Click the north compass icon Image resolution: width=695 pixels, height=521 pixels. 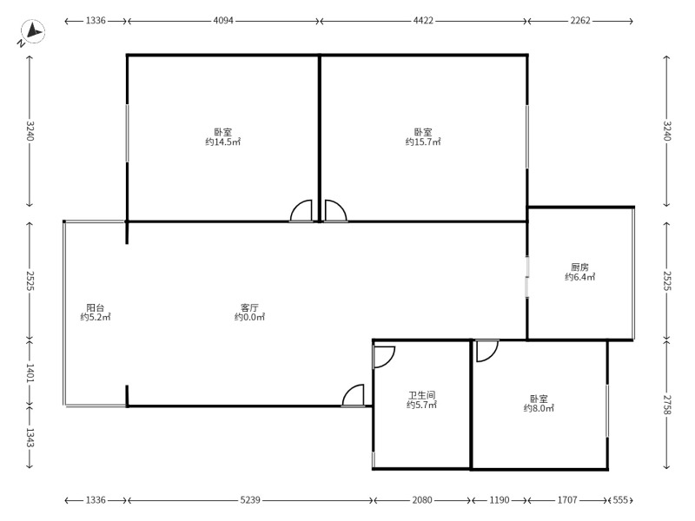pos(32,32)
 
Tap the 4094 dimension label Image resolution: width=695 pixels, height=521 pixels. pos(223,20)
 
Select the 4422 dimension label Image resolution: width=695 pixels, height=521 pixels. pos(423,20)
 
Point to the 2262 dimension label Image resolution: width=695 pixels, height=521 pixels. pos(579,20)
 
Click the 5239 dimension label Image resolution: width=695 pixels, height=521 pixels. pos(250,500)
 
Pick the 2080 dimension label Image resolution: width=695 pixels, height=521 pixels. pos(422,500)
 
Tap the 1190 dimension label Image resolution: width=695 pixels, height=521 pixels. pos(499,500)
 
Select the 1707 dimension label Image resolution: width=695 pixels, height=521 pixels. pos(567,500)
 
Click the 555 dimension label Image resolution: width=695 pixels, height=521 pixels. pos(620,500)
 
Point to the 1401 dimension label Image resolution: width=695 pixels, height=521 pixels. pos(30,373)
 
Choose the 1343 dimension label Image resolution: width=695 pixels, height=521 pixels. pos(30,437)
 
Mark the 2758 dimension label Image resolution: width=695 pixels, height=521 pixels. pos(667,404)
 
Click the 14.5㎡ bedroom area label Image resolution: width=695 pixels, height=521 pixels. pos(223,142)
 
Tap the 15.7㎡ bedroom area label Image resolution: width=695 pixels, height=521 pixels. pos(423,142)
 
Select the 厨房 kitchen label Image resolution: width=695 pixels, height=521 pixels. pos(579,267)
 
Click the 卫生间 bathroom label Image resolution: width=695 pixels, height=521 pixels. pos(422,395)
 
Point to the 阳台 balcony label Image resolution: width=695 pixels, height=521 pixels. pos(96,307)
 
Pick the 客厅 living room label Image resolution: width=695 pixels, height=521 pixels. pos(250,307)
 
